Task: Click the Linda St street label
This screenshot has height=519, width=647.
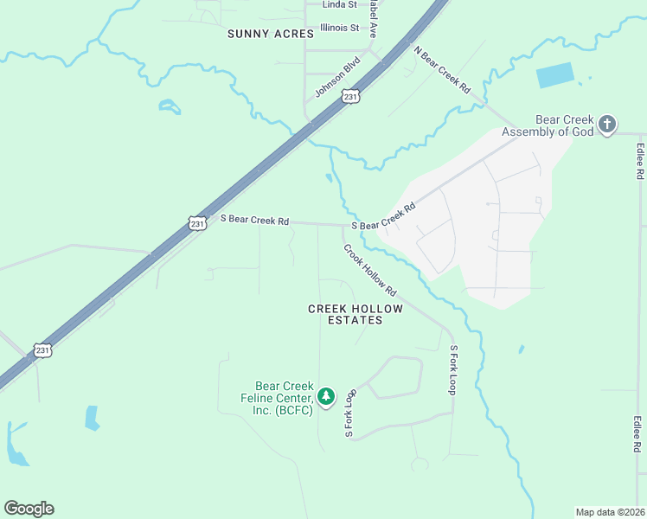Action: pos(339,4)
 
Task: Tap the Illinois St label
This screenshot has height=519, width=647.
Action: pos(339,28)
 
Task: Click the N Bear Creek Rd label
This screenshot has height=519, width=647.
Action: pos(441,70)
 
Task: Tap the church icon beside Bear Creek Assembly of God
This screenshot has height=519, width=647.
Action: pos(607,125)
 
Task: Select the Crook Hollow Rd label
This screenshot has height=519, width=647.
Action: pos(369,269)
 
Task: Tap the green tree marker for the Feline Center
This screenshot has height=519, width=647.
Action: pos(326,397)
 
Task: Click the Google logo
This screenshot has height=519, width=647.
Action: pos(29,509)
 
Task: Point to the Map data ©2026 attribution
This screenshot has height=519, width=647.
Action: pos(610,511)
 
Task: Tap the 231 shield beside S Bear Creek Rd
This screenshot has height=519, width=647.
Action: pos(197,224)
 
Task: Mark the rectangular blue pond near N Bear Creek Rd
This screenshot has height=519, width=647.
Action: pos(554,76)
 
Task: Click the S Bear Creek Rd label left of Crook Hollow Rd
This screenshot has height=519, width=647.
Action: pos(254,221)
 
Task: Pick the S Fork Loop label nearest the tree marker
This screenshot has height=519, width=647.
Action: pos(350,413)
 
